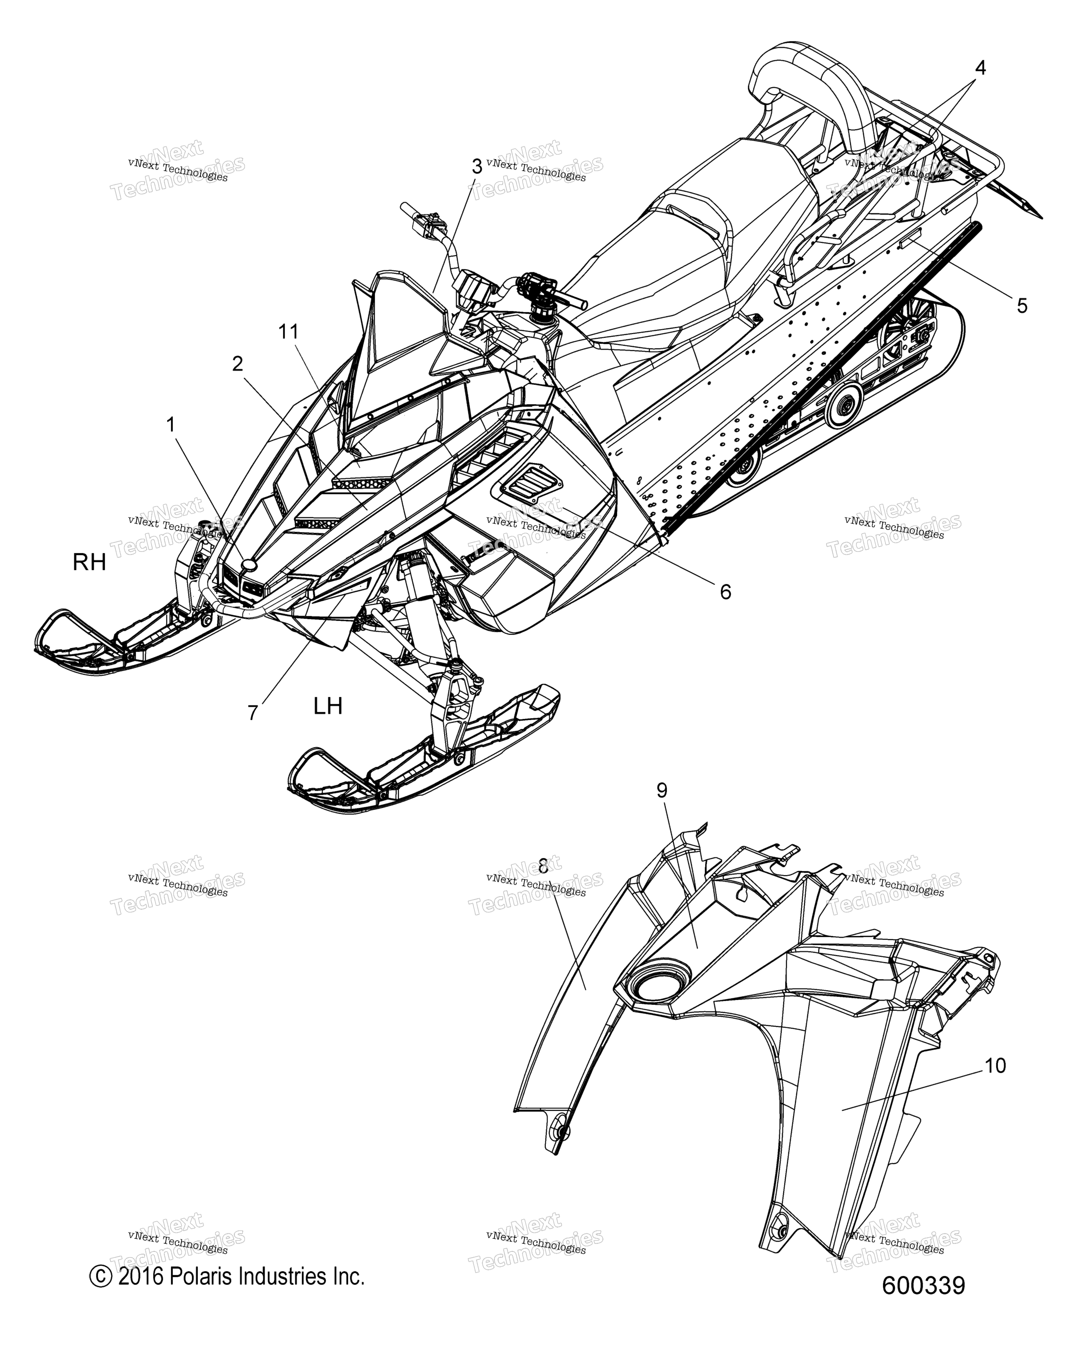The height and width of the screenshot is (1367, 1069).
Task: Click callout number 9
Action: click(662, 790)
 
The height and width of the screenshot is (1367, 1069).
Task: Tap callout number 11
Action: click(289, 332)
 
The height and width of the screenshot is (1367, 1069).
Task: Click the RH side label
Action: click(89, 563)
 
